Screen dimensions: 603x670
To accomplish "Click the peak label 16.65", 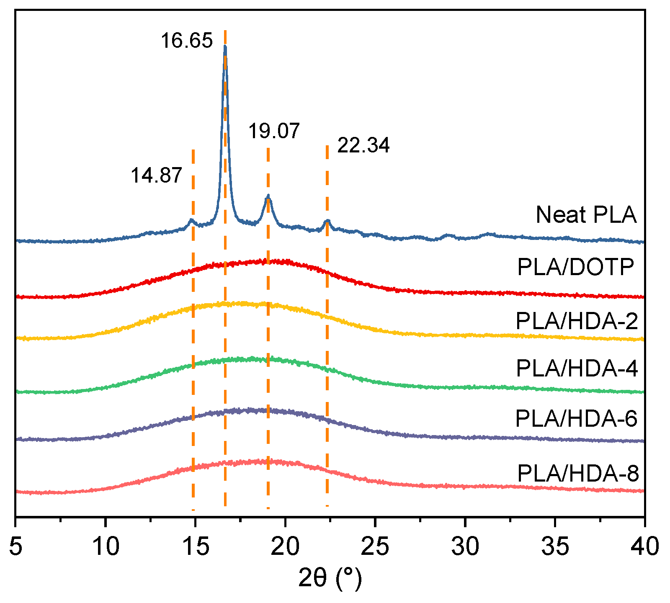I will click(187, 41).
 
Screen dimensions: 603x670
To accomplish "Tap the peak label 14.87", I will click(156, 175).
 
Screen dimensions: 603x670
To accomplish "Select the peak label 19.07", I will click(274, 131).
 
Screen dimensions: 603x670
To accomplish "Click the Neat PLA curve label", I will click(586, 215).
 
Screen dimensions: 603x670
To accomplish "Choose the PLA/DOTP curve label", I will click(576, 267).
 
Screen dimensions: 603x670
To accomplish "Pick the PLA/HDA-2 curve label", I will click(577, 321).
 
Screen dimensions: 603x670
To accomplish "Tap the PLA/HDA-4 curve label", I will click(577, 368).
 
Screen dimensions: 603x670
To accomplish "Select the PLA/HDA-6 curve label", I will click(576, 418).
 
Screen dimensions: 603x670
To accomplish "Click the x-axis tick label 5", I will click(15, 547).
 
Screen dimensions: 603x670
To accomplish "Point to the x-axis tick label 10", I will click(106, 547).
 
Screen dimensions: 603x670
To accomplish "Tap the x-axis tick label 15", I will click(195, 547).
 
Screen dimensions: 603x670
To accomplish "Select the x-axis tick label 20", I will click(285, 547).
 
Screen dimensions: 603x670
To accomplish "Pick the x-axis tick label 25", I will click(375, 547).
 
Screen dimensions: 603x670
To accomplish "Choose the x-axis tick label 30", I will click(465, 547).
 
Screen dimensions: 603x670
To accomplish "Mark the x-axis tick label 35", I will click(555, 547).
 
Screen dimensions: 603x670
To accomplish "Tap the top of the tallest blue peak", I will click(225, 46).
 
